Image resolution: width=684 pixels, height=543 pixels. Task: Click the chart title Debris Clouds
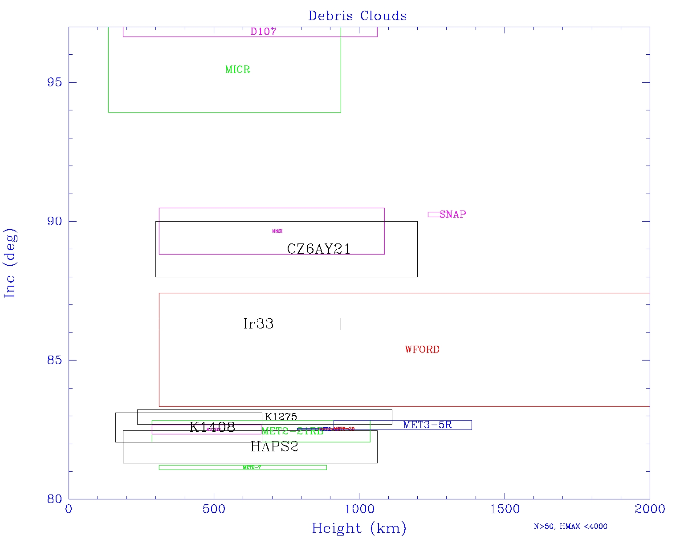point(358,16)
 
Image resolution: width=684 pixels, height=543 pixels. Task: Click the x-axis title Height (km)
point(359,528)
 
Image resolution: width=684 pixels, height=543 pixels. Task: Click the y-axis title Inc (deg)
point(10,263)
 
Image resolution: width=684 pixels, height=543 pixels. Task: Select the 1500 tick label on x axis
point(505,509)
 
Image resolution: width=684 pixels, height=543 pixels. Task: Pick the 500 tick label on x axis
point(214,509)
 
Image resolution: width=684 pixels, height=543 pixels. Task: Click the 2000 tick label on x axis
point(650,509)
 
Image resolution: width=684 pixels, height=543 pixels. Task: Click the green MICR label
point(238,69)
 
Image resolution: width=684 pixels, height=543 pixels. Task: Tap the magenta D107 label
point(263,32)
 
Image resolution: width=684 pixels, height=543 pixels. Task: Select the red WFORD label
point(422,350)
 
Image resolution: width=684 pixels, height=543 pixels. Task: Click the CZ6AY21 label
point(318,249)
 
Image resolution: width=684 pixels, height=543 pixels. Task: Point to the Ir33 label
point(258,324)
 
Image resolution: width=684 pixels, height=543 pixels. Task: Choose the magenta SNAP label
point(452,215)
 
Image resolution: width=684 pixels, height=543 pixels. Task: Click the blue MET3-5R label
point(427,425)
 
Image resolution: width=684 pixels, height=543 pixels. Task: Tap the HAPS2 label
point(274,447)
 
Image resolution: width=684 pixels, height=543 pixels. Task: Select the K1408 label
point(212,427)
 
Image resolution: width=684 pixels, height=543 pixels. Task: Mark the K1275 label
point(281,417)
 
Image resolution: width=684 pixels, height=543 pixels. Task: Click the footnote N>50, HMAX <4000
point(570,527)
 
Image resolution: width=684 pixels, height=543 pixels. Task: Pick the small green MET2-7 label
point(252,467)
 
